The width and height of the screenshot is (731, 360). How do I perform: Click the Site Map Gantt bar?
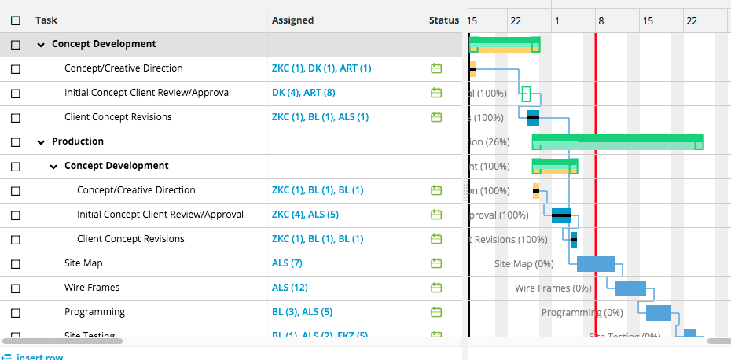595,264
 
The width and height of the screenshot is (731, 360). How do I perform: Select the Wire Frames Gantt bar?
630,288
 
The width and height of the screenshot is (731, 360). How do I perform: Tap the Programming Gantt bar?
659,313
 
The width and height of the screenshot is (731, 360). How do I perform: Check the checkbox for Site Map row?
16,264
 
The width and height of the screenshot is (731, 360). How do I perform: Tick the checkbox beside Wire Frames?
16,288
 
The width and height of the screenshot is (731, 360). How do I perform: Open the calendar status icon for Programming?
436,313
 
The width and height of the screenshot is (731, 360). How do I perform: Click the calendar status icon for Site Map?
436,264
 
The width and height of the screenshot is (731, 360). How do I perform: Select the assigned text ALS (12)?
289,288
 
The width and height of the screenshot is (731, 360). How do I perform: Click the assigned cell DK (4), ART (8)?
303,94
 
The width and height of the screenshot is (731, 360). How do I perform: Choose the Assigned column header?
292,20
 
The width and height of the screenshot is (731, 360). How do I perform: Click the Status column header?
444,20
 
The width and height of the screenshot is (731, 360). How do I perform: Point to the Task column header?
46,20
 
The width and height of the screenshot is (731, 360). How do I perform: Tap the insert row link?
39,357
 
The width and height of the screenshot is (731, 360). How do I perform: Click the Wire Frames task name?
92,288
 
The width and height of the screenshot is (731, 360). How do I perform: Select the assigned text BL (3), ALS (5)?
302,313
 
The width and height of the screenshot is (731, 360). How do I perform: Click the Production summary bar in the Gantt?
617,141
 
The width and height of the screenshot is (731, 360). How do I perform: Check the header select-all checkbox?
16,21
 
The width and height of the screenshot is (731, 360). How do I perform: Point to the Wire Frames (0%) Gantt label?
553,288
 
